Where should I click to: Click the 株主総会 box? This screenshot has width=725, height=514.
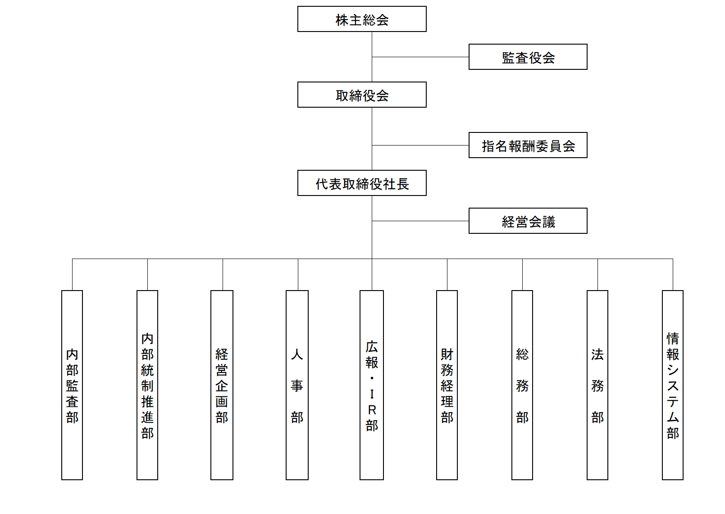[x=362, y=19]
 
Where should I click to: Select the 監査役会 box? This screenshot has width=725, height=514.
[x=528, y=57]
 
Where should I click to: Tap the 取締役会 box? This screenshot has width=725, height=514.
[x=362, y=95]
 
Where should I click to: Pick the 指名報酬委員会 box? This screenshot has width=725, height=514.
[x=528, y=145]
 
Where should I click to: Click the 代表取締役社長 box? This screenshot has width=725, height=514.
[x=362, y=183]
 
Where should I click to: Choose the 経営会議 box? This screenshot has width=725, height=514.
[x=528, y=221]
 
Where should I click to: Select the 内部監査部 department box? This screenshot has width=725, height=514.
[x=72, y=385]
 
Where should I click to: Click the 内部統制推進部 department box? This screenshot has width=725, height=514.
[x=147, y=385]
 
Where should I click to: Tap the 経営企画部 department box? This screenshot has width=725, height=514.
[x=222, y=385]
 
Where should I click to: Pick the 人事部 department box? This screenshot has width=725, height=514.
[x=297, y=385]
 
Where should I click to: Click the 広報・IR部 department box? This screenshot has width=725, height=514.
[x=372, y=385]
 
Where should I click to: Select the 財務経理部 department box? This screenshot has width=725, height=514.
[x=447, y=385]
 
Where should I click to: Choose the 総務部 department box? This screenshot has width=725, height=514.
[x=522, y=385]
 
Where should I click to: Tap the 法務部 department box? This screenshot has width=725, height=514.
[x=597, y=385]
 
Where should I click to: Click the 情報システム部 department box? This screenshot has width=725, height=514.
[x=673, y=385]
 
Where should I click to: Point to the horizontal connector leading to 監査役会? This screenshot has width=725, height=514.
[x=420, y=57]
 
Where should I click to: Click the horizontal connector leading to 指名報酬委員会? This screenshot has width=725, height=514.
[x=420, y=146]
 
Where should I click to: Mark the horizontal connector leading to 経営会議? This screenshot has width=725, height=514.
[x=420, y=221]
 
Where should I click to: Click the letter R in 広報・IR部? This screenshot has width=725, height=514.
[x=372, y=410]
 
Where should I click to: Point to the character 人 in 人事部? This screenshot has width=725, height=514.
[x=297, y=355]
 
